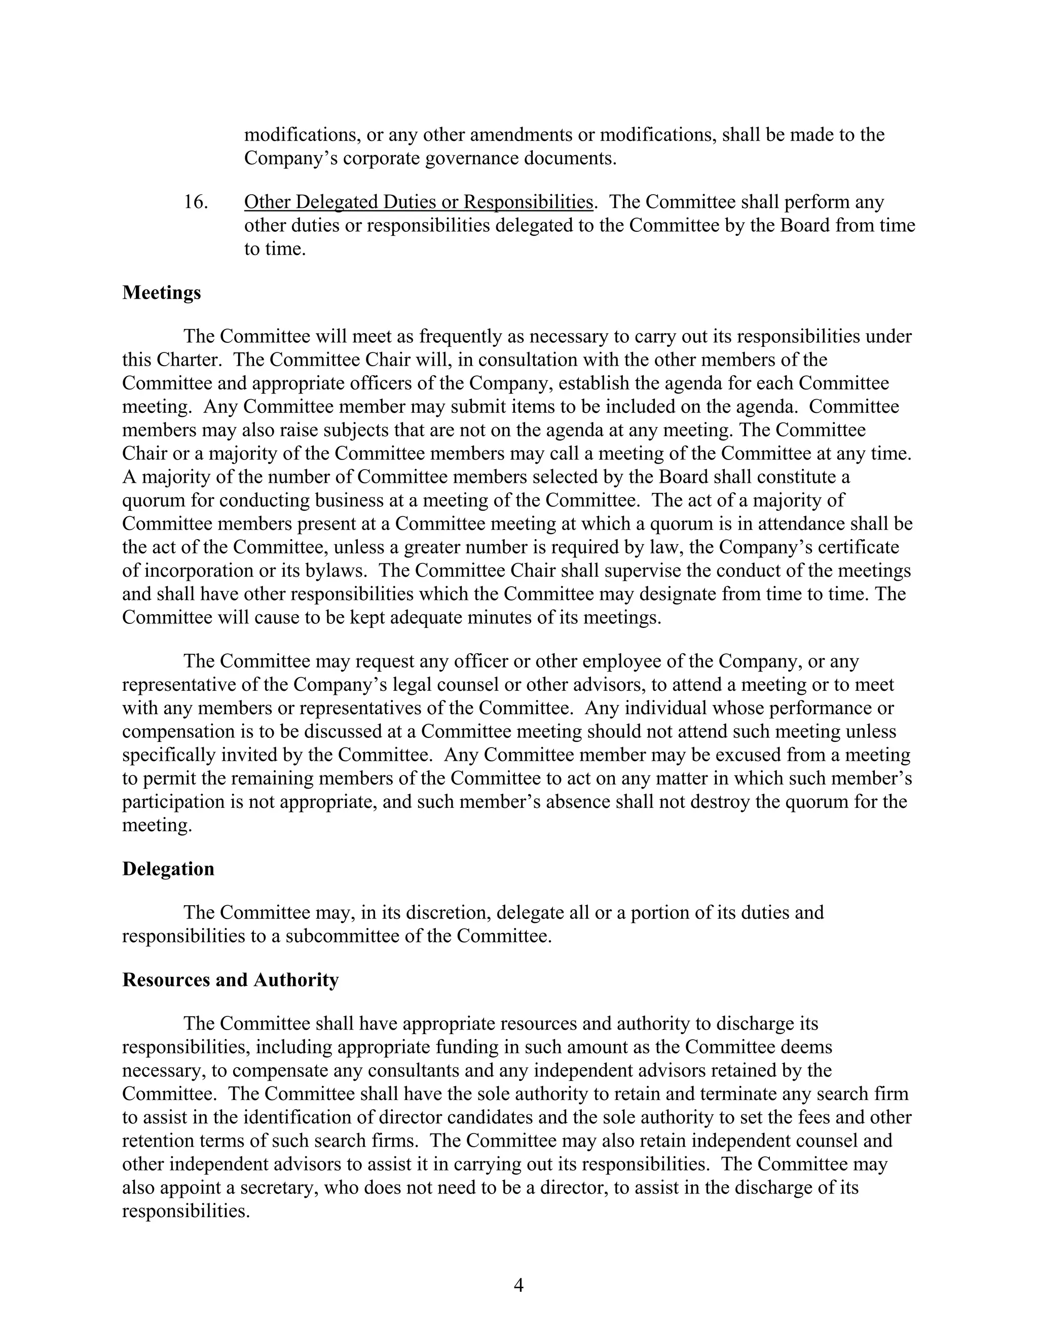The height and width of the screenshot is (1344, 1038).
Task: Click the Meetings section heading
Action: pyautogui.click(x=161, y=293)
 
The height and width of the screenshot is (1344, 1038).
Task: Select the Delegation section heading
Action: pyautogui.click(x=168, y=869)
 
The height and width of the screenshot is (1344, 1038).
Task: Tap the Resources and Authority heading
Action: pyautogui.click(x=230, y=980)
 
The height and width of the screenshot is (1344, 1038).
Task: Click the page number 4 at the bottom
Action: pyautogui.click(x=518, y=1286)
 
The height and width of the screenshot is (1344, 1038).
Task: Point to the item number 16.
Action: pyautogui.click(x=196, y=202)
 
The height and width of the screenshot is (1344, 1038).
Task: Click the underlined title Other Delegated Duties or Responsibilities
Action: pyautogui.click(x=418, y=202)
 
